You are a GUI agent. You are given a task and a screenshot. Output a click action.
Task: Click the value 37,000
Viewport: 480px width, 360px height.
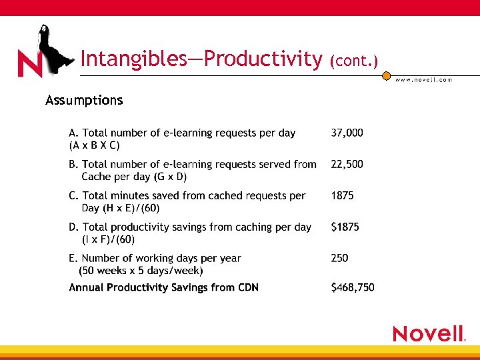coord(347,133)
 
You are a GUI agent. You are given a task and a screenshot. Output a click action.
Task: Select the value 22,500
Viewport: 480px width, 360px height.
coord(347,164)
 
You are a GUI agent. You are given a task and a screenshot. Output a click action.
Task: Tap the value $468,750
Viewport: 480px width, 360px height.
coord(353,287)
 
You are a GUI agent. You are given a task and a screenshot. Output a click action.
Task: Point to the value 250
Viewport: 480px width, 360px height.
coord(339,258)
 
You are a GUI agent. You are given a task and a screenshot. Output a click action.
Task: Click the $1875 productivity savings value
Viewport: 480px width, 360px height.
coord(345,227)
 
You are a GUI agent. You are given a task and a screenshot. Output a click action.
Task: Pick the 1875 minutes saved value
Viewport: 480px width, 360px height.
coord(342,195)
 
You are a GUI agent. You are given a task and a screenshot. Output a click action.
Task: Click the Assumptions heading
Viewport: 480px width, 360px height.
coord(84,101)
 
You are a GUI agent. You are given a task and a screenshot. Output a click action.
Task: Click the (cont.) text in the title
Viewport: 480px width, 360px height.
coord(353,61)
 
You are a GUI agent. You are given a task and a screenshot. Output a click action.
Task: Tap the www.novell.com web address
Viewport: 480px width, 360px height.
coord(423,79)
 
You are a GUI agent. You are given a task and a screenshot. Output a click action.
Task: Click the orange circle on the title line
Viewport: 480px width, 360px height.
coord(386,77)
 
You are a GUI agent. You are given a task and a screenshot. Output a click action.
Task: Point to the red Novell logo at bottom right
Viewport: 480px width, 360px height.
coord(429,333)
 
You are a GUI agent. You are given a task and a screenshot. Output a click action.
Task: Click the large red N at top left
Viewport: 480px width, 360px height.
coord(30,64)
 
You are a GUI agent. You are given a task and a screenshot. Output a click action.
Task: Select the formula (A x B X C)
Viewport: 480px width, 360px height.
coord(95,145)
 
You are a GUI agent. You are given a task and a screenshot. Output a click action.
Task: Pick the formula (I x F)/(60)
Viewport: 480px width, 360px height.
coord(108,239)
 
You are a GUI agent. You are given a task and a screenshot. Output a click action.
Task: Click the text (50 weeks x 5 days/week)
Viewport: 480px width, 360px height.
coord(141,271)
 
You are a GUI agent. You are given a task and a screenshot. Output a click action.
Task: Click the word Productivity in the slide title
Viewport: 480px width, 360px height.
coord(263,59)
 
